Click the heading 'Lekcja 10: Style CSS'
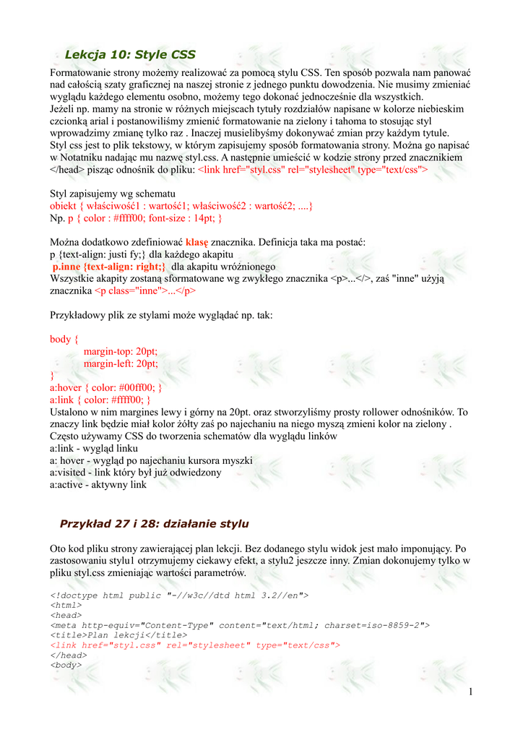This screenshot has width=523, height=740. click(130, 54)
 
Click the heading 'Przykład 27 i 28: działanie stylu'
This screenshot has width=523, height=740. click(154, 523)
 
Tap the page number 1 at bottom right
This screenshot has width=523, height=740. click(470, 692)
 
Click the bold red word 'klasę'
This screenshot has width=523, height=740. click(196, 242)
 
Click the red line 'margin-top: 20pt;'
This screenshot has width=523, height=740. click(121, 351)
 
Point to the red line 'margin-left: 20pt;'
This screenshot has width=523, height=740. click(121, 363)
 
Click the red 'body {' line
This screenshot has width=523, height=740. click(64, 339)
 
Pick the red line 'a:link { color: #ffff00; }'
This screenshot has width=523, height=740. click(100, 400)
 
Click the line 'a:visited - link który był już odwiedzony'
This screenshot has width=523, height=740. click(136, 473)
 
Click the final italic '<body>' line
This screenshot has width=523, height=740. click(66, 664)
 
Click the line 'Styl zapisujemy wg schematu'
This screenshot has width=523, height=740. click(113, 194)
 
